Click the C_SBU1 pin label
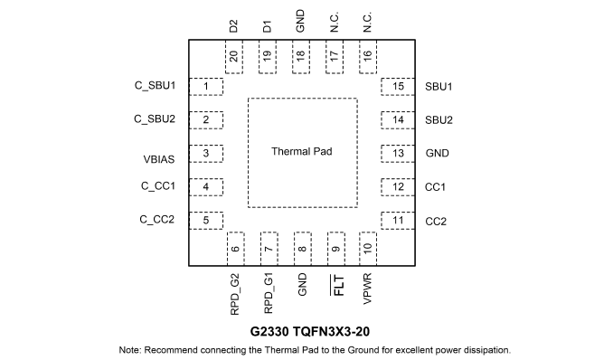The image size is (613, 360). [155, 85]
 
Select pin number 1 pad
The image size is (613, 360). [206, 87]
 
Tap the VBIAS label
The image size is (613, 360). [159, 159]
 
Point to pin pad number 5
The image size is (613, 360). [206, 221]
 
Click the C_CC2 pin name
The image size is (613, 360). [156, 220]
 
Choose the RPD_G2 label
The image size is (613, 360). [234, 294]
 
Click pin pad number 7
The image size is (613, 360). [269, 249]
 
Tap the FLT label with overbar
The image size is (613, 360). [338, 285]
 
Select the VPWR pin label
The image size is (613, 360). [367, 289]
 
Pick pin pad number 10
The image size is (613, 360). [368, 249]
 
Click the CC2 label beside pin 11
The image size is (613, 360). [436, 222]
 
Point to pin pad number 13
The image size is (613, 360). [398, 154]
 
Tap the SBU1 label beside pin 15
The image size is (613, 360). [439, 87]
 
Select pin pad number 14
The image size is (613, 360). [398, 120]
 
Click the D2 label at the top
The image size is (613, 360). [233, 26]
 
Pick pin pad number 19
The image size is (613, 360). [268, 56]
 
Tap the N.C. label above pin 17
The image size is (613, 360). [335, 22]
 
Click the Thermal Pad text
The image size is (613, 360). [302, 151]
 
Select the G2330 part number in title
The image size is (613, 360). [269, 331]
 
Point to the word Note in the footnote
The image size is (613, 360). [129, 350]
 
